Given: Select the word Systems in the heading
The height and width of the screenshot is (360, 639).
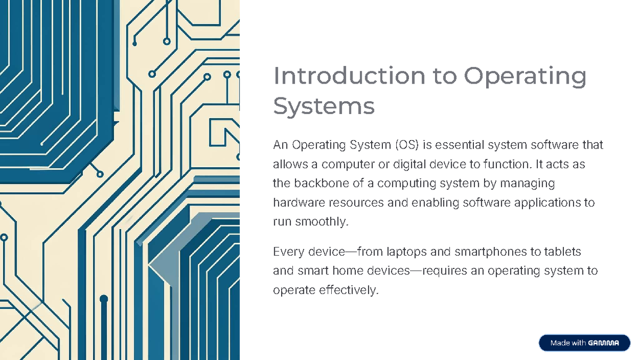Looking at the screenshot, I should tap(324, 106).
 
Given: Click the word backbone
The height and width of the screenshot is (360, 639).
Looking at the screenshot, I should tap(321, 184).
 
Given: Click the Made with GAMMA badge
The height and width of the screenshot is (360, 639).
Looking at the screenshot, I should tap(585, 343).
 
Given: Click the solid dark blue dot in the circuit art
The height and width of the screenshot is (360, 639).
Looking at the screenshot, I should tap(104, 299).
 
